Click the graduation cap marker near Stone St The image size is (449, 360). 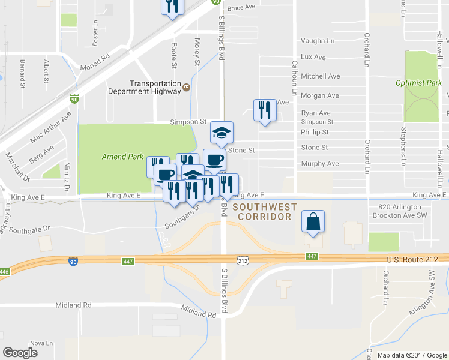pos(221,133)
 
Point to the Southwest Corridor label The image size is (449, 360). pos(265,211)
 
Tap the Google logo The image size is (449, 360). pos(20,353)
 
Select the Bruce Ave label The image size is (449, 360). pos(241,8)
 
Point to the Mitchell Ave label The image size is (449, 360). pos(320,76)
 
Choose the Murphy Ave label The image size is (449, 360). pos(319,163)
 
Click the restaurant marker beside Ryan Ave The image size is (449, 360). pos(264,110)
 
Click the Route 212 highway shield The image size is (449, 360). pos(243,261)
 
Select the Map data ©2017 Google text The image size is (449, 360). pos(412,355)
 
